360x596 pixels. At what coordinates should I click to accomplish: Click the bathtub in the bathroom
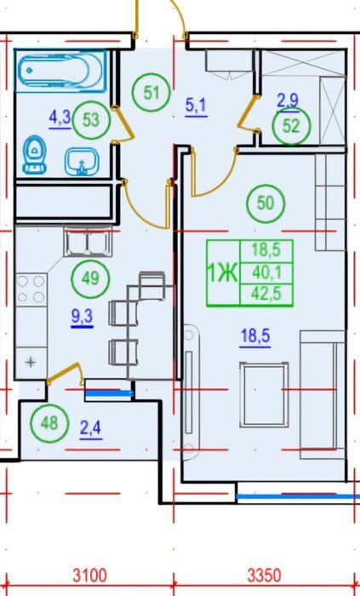click(x=60, y=71)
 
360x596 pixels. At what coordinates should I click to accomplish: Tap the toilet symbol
click(x=34, y=155)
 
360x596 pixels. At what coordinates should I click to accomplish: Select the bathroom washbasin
click(x=82, y=162)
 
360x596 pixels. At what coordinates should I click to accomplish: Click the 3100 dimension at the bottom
click(x=90, y=576)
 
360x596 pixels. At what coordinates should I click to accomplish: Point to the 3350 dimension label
click(x=265, y=576)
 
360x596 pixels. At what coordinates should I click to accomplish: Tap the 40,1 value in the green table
click(x=266, y=272)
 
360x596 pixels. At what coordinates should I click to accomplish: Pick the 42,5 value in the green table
click(x=266, y=294)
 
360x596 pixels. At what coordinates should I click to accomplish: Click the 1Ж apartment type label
click(x=222, y=273)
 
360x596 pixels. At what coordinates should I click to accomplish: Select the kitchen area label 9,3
click(x=82, y=316)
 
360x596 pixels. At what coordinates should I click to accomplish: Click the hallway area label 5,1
click(x=196, y=106)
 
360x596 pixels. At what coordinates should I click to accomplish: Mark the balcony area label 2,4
click(x=91, y=429)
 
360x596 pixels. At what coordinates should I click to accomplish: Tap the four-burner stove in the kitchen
click(x=31, y=289)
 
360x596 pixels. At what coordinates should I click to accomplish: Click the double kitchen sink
click(x=89, y=242)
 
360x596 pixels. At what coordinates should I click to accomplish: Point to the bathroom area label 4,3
click(x=60, y=118)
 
